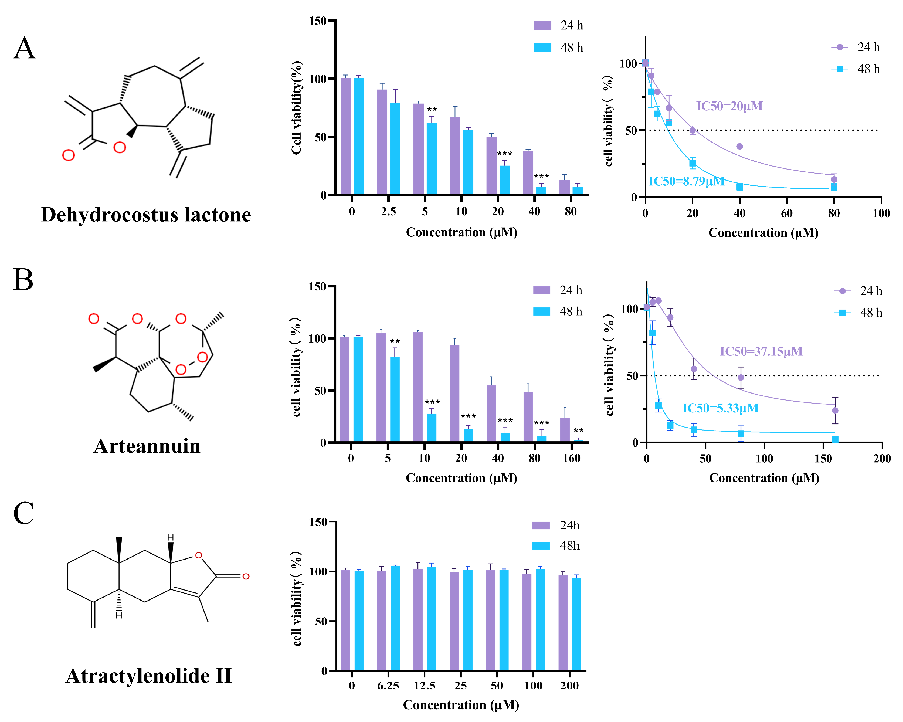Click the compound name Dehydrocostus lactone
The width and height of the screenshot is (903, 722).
pos(146,214)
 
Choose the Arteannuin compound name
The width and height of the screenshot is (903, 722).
pos(147,446)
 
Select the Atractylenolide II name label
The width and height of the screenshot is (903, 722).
pos(149,676)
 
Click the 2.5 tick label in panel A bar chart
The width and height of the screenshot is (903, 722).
pos(388,212)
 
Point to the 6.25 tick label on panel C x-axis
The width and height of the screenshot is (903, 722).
pos(388,686)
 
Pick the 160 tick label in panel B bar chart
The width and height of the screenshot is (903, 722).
pos(571,458)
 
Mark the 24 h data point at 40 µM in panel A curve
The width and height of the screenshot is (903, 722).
pos(740,147)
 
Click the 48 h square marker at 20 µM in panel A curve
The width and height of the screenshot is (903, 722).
pos(693,163)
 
